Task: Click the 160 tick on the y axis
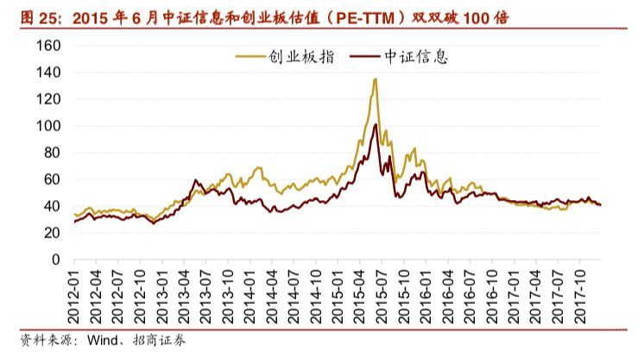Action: click(49, 46)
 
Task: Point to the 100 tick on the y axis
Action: click(49, 126)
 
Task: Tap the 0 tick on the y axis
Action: click(57, 260)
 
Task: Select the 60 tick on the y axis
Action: click(53, 180)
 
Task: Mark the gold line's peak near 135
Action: click(375, 79)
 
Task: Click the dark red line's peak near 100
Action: click(375, 125)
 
